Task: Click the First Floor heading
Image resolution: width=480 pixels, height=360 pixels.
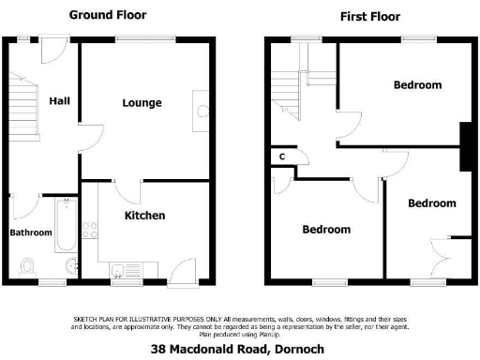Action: [370, 16]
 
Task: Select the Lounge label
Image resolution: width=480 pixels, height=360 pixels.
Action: [142, 103]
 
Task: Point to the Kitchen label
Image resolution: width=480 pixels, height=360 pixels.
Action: [145, 216]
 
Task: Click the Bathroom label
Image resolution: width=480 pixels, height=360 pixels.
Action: [30, 232]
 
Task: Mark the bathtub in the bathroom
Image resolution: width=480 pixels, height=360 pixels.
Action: [65, 225]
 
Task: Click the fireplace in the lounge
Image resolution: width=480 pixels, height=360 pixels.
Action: [202, 109]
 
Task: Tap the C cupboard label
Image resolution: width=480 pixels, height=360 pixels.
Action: [281, 157]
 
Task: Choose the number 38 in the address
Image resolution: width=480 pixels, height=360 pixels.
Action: [158, 350]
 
